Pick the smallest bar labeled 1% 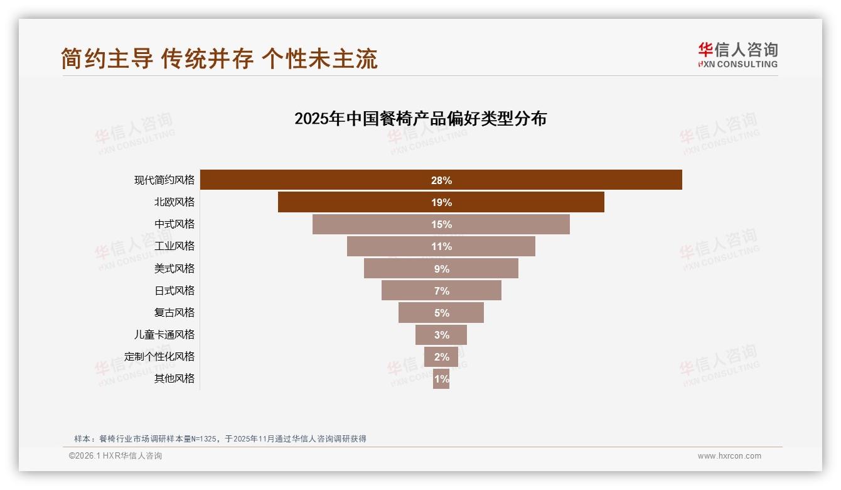tap(441, 379)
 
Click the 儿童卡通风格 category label tap(164, 334)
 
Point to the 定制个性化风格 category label tap(159, 356)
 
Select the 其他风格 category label tap(174, 378)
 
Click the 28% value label tap(441, 180)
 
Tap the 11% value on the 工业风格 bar tap(441, 246)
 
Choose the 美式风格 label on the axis tap(174, 268)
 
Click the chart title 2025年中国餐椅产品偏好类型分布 tap(420, 118)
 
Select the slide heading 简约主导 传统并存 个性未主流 tap(220, 58)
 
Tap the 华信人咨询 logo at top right tap(737, 55)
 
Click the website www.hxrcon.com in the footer tap(729, 456)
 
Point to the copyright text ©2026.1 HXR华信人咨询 tap(115, 456)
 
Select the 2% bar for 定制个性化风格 tap(441, 357)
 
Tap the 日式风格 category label tap(174, 290)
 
